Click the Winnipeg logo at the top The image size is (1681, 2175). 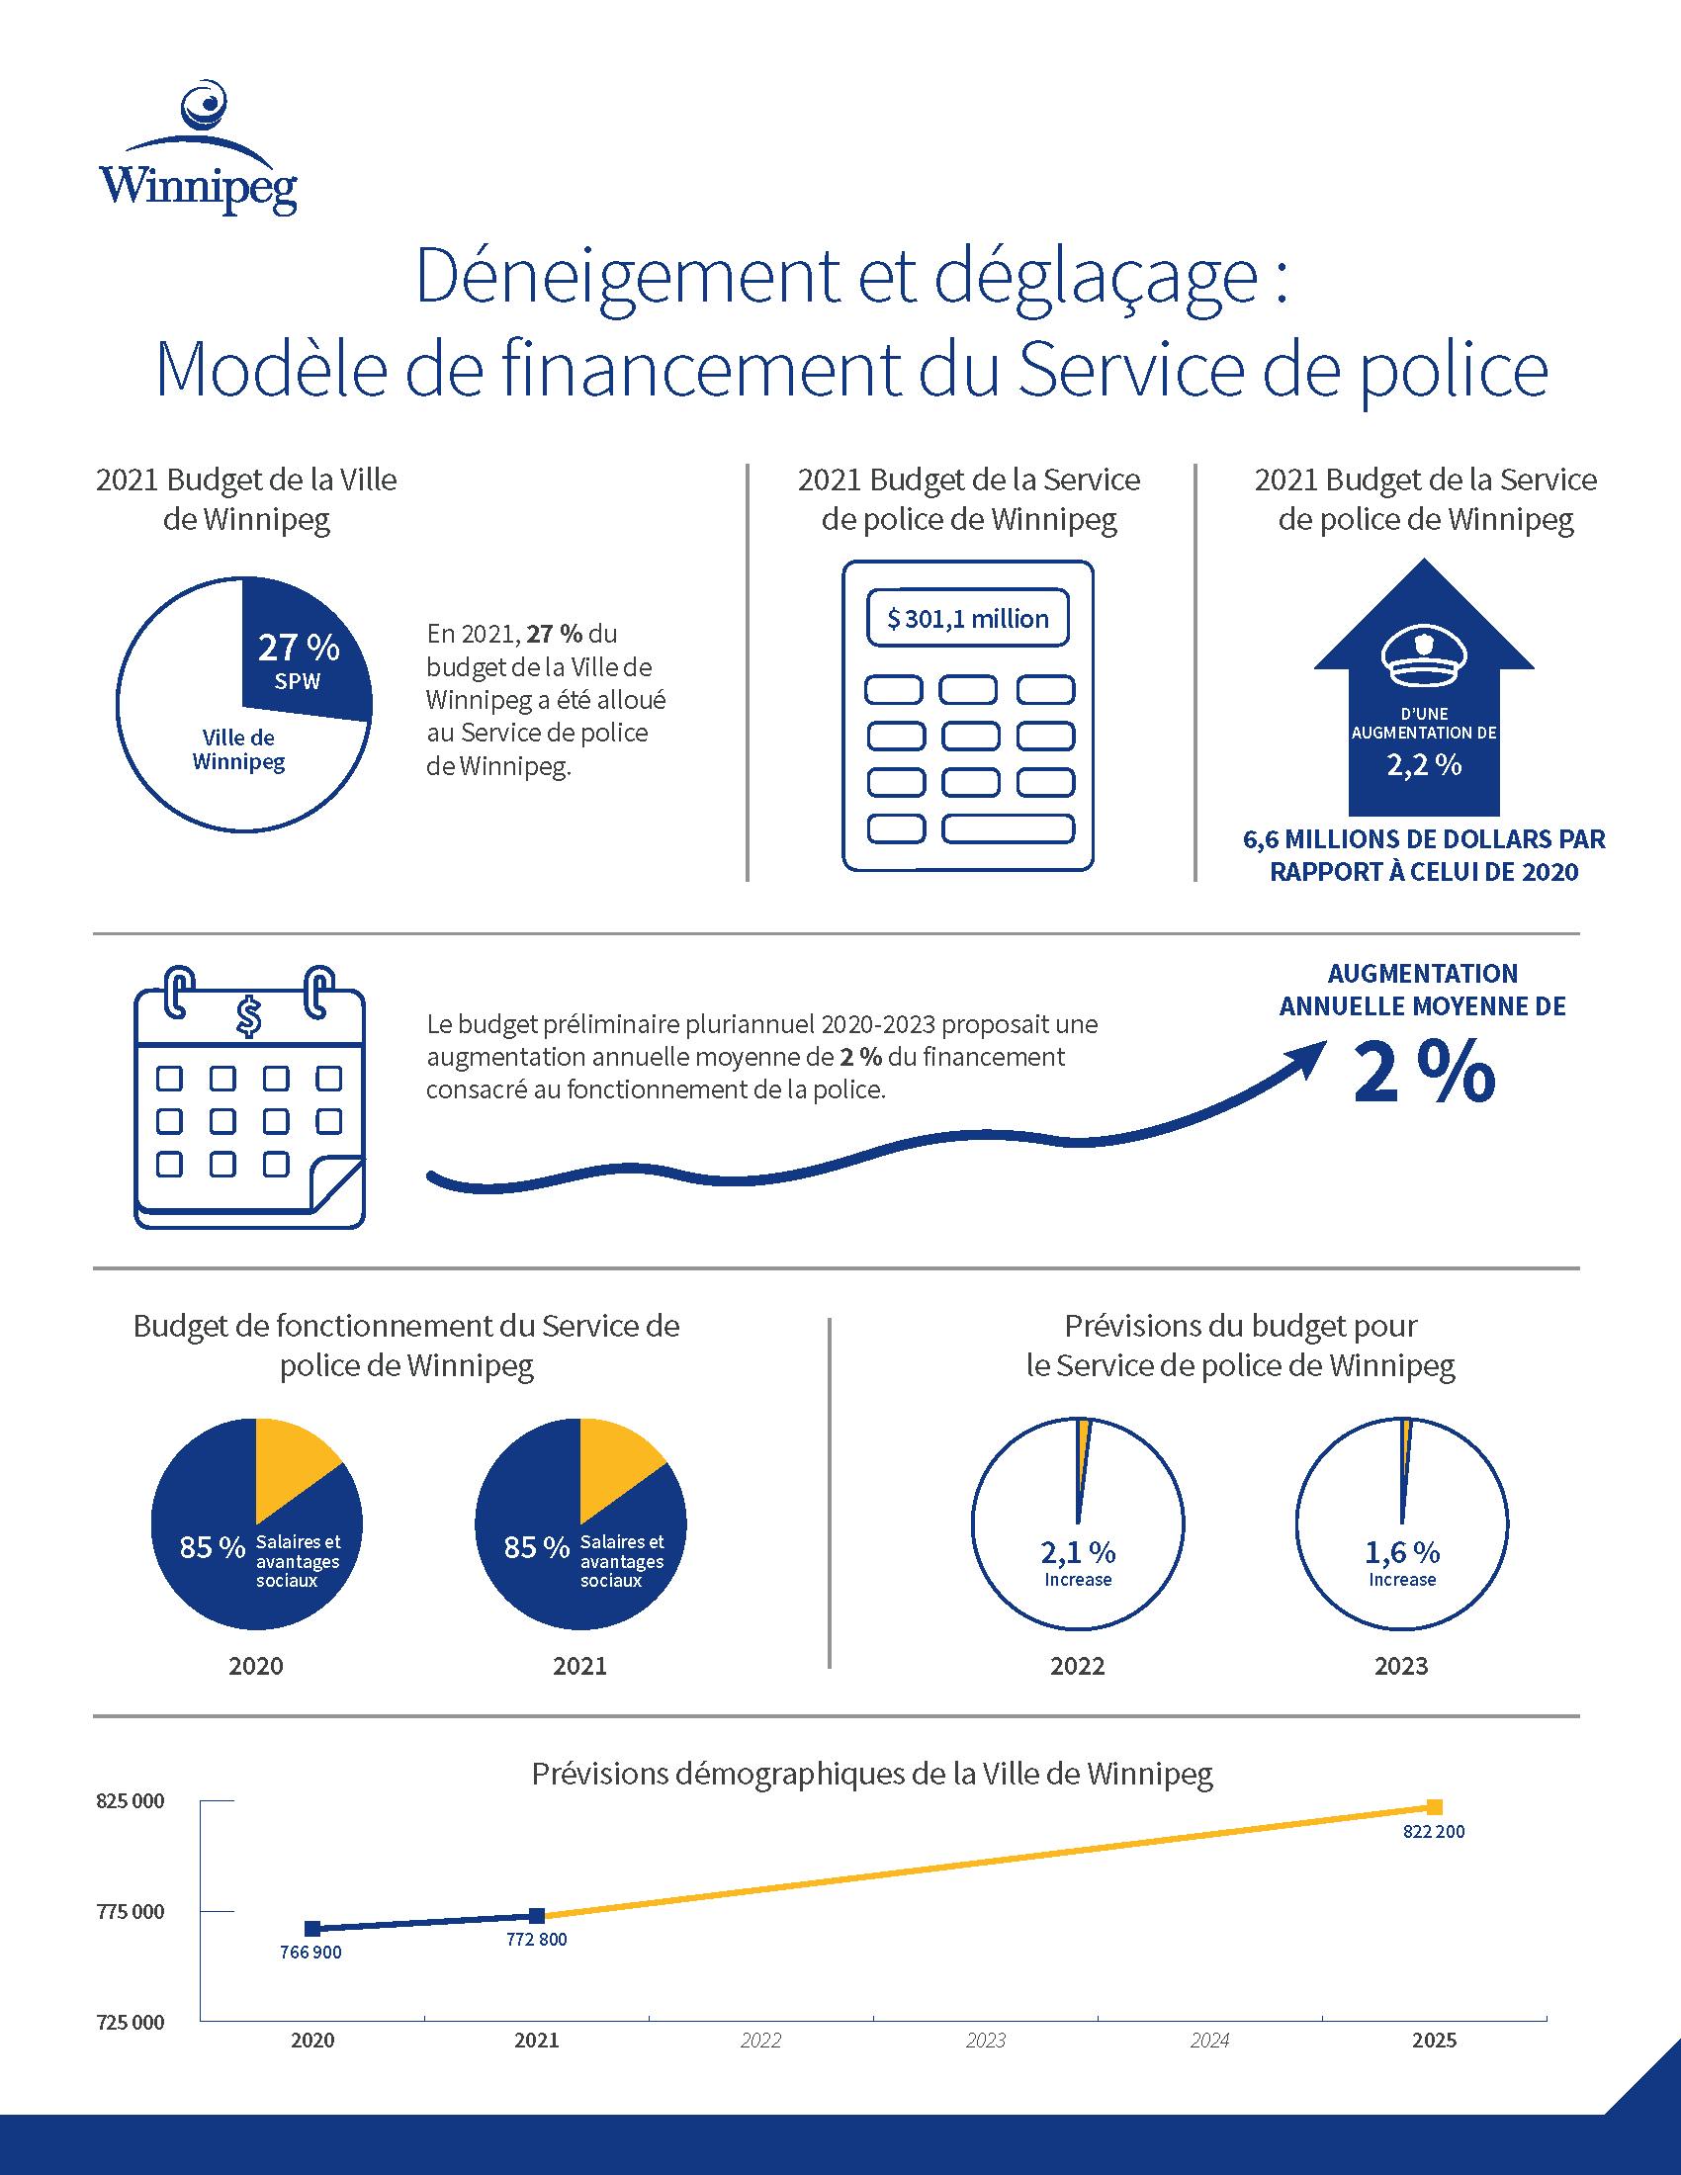coord(198,149)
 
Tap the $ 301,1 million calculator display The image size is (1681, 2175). coord(968,620)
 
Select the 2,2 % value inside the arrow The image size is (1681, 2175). coord(1424,765)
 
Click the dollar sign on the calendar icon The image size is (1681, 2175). coord(249,1015)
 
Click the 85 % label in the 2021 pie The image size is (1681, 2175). coord(536,1546)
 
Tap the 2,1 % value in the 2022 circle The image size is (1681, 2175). coord(1078,1552)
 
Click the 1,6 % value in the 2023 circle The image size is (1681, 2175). coord(1401,1552)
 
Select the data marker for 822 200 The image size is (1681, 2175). coord(1434,1807)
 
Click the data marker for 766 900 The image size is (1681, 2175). coord(312,1928)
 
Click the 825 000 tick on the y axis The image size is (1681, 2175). coord(132,1801)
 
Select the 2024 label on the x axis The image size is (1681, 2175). coord(1209,2041)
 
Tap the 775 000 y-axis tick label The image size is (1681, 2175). coord(132,1911)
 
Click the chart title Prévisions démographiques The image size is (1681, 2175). coord(871,1774)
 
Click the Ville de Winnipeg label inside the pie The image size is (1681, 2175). coord(239,750)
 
